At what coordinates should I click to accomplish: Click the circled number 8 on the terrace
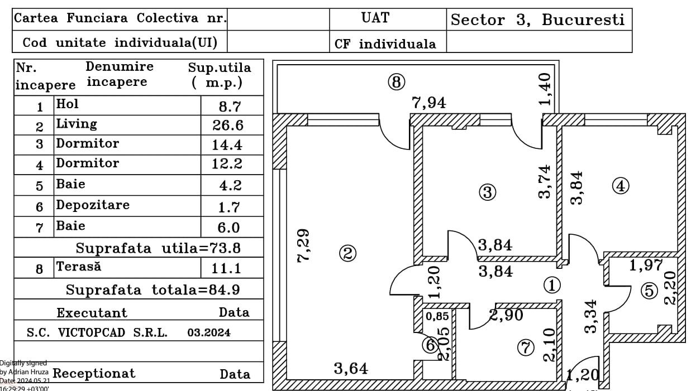[396, 83]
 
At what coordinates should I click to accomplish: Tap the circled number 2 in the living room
[347, 254]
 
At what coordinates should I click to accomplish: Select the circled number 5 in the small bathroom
[649, 291]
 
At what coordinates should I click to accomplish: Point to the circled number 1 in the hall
[551, 286]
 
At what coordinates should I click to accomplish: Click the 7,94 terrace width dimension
[429, 103]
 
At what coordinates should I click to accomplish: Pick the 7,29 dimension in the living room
[305, 246]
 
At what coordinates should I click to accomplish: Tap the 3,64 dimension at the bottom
[351, 368]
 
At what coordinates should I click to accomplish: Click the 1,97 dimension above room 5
[646, 266]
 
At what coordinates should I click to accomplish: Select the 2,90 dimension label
[507, 315]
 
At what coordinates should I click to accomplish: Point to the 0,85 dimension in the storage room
[437, 316]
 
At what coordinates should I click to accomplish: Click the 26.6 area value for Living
[228, 125]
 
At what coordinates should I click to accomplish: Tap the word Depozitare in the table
[93, 205]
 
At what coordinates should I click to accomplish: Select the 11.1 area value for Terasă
[227, 269]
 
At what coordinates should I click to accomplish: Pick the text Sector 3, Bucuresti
[537, 20]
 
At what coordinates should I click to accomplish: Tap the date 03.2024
[209, 333]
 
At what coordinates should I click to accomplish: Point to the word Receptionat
[94, 373]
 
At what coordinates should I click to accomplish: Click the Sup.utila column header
[220, 75]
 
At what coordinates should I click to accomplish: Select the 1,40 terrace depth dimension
[546, 89]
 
